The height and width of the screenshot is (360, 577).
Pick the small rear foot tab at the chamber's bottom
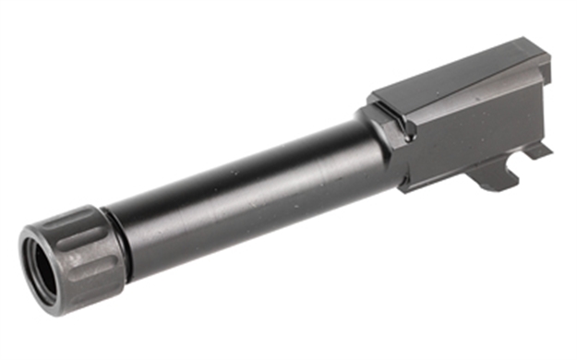[x=541, y=149]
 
